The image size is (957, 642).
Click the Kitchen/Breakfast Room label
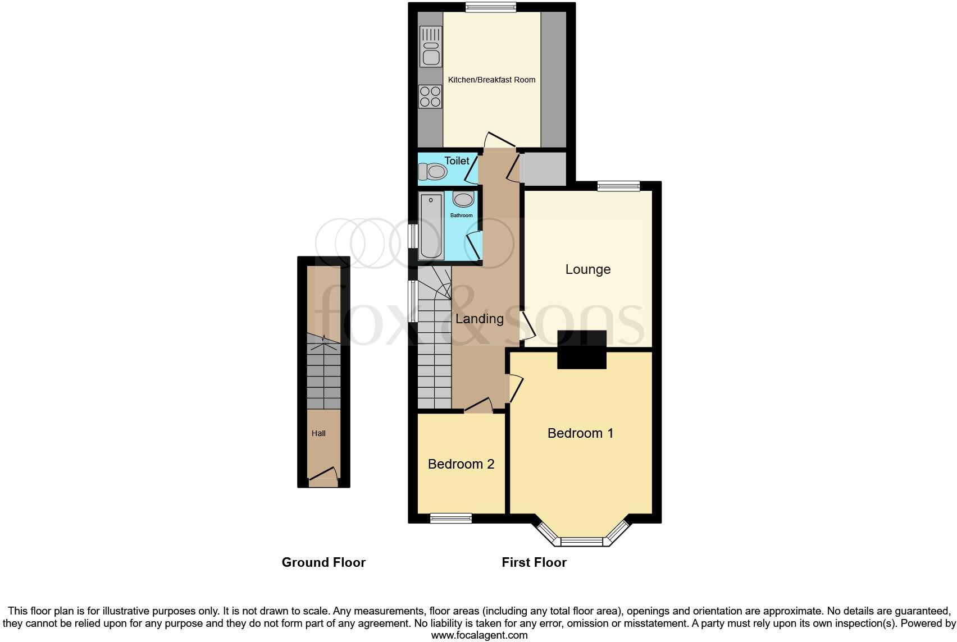491,80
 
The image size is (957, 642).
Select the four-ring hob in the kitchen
431,96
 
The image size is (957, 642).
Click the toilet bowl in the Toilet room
432,171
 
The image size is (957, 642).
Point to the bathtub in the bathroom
431,226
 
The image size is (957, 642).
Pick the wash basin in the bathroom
463,199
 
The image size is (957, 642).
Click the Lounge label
587,269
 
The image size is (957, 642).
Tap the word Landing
479,319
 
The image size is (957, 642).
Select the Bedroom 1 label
580,433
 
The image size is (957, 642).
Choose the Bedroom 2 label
461,464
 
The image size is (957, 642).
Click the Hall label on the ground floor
318,433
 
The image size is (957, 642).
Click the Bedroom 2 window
450,519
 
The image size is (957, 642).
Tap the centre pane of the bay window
581,542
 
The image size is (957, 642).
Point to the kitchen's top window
490,7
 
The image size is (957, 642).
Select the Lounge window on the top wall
618,186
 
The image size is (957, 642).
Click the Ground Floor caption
323,562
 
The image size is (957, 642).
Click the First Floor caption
534,562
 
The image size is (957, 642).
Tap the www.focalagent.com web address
479,635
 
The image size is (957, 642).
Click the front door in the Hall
323,478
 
